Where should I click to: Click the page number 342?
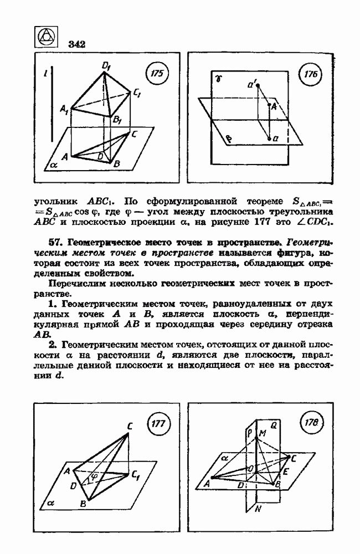tap(77, 44)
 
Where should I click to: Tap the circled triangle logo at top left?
tap(47, 39)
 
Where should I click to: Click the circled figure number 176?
tap(313, 75)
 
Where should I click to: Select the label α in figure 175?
tap(54, 165)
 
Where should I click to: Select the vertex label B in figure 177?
tap(83, 504)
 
